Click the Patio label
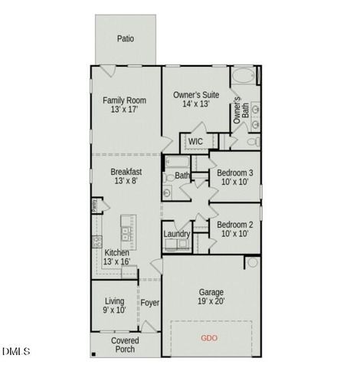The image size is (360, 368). point(126,38)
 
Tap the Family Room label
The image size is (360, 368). point(125,99)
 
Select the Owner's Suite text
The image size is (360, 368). point(196,94)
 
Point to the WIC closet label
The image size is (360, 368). point(195,141)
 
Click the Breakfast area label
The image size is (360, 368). point(126,172)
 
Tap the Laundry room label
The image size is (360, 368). point(177,234)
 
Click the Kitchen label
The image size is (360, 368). point(116,252)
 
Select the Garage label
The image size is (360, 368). point(211,292)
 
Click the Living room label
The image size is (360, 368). point(115,301)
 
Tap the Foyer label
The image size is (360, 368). point(150,303)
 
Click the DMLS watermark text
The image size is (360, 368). point(15,351)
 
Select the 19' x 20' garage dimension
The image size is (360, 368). point(211,302)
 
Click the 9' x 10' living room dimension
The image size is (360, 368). point(115,310)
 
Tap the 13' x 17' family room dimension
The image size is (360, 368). point(125,109)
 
